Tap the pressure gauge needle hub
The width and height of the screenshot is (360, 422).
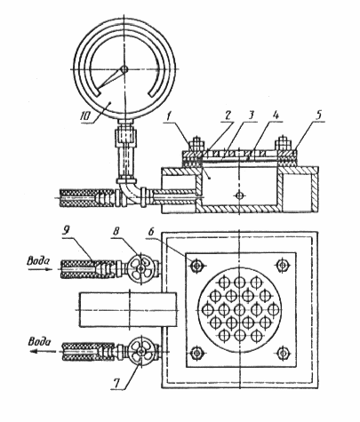tap(124, 69)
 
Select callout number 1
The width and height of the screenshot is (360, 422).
tap(169, 116)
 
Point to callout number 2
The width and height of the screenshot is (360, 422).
tap(228, 115)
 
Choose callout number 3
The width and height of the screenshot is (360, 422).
tap(252, 115)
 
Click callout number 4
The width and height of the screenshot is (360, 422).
tap(276, 115)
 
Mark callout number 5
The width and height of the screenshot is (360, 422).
tap(318, 115)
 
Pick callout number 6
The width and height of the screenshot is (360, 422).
tap(151, 232)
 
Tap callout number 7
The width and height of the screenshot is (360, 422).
tap(116, 383)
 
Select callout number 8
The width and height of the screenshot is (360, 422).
tap(116, 232)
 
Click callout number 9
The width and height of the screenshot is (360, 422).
tap(65, 232)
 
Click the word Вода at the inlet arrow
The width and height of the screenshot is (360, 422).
tap(38, 261)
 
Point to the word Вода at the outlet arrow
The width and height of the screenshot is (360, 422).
tap(39, 342)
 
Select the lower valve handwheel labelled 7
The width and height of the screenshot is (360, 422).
tap(141, 350)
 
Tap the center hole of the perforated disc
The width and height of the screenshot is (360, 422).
tap(239, 310)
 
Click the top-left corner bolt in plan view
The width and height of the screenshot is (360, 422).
tap(196, 266)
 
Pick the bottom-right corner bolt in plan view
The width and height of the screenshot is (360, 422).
tap(283, 353)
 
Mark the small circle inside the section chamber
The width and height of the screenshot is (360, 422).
tap(239, 195)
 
